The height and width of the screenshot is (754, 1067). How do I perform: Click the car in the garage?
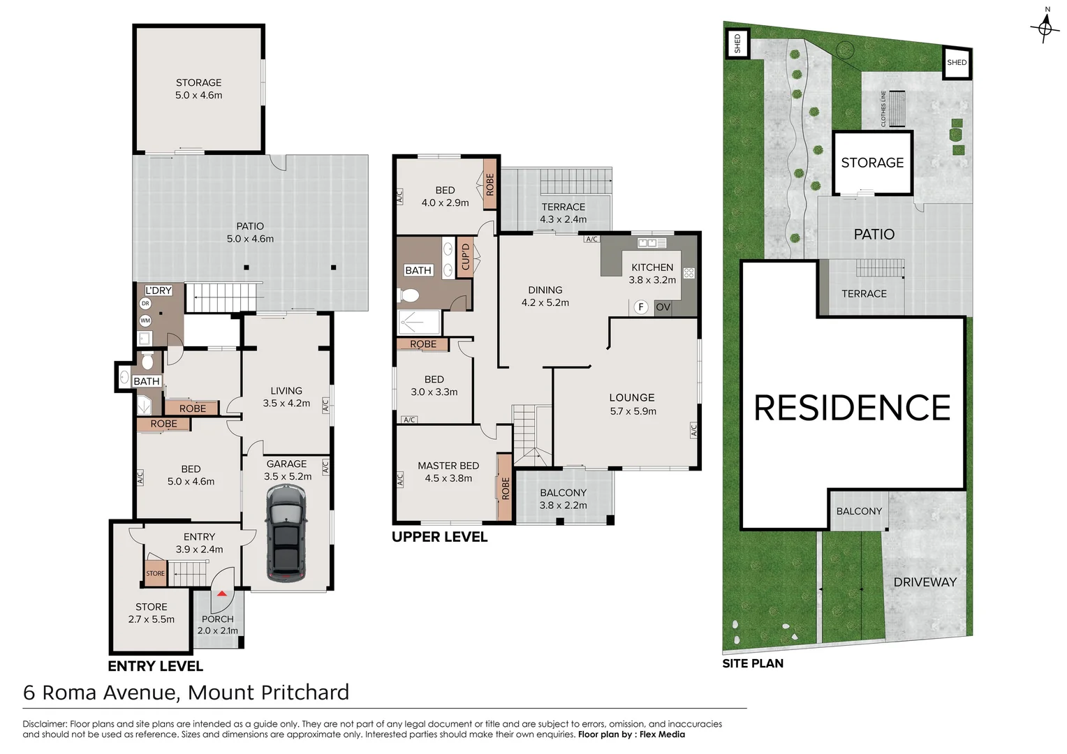point(286,533)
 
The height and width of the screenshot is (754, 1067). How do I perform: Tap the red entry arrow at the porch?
point(222,593)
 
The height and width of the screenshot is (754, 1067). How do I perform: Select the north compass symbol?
point(1045,27)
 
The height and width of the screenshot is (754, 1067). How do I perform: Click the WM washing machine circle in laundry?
point(145,320)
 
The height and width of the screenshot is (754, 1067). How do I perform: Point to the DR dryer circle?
point(145,304)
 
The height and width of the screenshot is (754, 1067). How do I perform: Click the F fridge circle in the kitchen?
point(641,306)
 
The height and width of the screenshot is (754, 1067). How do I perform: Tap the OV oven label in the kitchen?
point(663,307)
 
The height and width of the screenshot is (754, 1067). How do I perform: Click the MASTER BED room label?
point(448,466)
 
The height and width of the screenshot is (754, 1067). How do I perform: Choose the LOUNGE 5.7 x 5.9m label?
point(633,404)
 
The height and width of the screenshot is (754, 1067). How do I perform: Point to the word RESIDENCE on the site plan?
point(852,408)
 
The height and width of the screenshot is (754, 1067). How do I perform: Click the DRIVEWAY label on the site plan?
point(925,582)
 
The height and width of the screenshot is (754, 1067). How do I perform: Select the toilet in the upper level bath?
point(408,295)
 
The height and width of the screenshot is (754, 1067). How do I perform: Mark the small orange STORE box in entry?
point(155,573)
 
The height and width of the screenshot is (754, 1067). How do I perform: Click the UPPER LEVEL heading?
point(439,537)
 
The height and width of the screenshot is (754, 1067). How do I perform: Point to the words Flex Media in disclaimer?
point(662,734)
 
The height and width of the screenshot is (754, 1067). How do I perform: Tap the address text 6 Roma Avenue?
point(101,693)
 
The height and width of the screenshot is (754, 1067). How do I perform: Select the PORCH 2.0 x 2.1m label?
point(218,624)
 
